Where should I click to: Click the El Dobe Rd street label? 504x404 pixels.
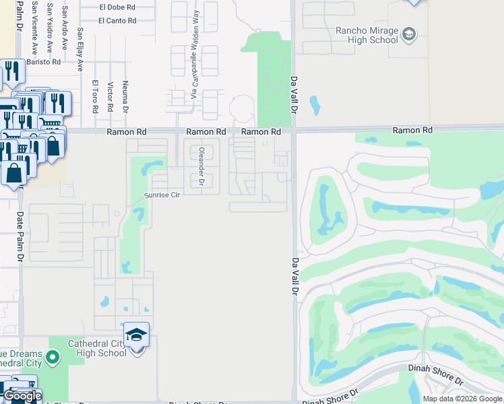117,7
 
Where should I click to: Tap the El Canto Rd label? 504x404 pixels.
117,20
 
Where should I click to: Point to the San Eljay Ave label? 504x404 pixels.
80,50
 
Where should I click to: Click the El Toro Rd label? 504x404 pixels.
94,98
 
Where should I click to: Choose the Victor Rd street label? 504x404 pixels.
109,98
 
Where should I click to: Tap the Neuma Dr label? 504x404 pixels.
125,96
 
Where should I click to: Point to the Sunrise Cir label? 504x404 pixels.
162,195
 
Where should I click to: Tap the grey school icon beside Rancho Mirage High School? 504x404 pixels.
408,34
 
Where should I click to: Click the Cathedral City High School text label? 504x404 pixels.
97,348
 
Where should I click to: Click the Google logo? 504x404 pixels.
22,396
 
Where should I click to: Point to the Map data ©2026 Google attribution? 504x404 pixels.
462,399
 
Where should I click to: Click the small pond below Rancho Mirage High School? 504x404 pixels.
315,105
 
